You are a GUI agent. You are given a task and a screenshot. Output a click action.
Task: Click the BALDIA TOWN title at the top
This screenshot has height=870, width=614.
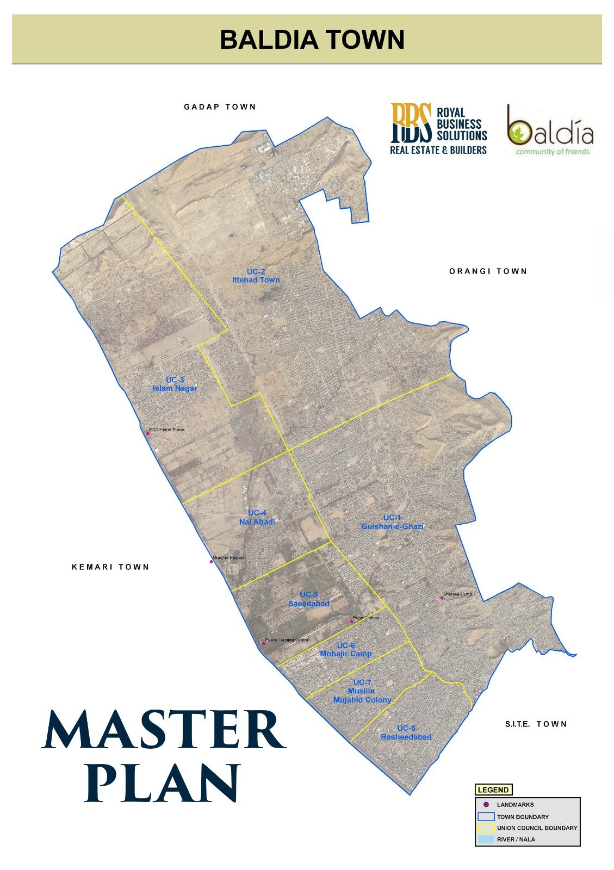click(312, 40)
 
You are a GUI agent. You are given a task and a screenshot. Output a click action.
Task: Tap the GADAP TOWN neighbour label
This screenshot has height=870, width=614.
click(220, 107)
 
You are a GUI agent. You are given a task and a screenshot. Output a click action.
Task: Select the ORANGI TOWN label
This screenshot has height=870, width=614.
click(488, 271)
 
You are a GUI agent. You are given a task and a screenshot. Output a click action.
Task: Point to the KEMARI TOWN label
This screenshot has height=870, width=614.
click(110, 567)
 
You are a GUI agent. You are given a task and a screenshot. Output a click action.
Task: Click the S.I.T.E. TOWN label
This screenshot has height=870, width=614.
click(536, 724)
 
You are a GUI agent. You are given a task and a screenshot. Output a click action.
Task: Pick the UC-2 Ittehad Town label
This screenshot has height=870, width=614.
click(256, 276)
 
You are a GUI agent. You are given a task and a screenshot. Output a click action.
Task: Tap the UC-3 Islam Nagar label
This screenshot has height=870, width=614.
click(175, 384)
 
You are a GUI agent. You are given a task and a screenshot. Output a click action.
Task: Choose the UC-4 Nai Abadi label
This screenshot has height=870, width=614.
click(257, 518)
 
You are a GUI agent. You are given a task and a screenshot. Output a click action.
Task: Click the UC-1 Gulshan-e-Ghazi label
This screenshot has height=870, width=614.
click(392, 522)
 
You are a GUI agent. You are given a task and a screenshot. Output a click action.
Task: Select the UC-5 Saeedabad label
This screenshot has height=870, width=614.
click(309, 599)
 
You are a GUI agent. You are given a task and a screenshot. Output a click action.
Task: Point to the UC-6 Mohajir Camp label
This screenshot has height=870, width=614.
click(346, 650)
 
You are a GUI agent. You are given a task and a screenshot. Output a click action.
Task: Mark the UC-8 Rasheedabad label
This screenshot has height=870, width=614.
click(406, 732)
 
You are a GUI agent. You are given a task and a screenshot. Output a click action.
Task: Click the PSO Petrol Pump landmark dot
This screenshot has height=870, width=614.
click(147, 433)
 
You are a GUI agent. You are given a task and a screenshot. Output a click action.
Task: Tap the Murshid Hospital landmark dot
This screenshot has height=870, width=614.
click(212, 562)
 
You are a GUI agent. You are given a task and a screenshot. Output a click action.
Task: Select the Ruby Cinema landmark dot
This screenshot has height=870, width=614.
click(351, 622)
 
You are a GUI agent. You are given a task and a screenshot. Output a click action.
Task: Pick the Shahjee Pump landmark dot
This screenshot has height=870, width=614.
click(442, 598)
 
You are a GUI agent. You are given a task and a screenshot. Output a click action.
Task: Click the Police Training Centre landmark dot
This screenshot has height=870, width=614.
click(264, 643)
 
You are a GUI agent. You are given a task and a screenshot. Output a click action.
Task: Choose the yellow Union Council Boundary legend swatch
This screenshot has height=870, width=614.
click(486, 828)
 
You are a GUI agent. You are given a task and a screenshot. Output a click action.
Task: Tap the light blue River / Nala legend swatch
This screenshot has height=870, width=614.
click(486, 840)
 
